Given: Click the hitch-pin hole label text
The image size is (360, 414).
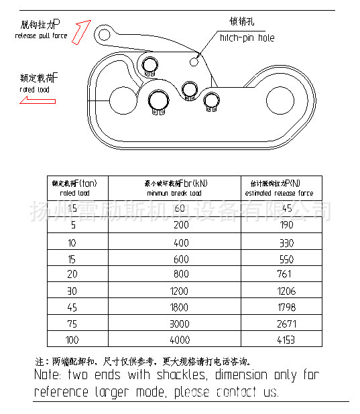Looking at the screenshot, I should click(x=247, y=38).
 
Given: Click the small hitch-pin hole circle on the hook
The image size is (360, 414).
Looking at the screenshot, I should click(x=194, y=60).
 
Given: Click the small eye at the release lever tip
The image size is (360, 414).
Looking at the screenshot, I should click(x=103, y=33).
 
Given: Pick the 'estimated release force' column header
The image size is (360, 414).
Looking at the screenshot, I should click(x=281, y=188).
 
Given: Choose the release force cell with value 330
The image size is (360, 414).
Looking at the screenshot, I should click(x=286, y=242).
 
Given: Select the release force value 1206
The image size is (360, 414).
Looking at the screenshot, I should click(x=286, y=290).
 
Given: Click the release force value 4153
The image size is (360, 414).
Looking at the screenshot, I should click(x=286, y=339).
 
